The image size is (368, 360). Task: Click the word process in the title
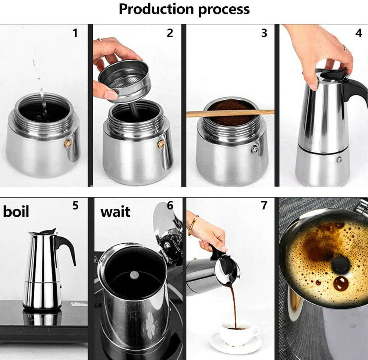pos(224,10)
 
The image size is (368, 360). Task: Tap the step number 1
pos(75,33)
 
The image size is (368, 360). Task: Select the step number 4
pos(358,33)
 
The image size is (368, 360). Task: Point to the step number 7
pos(264,205)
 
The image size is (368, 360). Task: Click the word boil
pos(16,211)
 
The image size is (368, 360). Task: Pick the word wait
pos(115,212)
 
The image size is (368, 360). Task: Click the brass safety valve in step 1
pos(68,144)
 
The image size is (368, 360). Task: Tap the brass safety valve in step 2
pos(161,144)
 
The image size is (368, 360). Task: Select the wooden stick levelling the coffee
pos(230,113)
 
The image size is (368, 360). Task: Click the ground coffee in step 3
pos(231,112)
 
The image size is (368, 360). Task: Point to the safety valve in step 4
pos(339,160)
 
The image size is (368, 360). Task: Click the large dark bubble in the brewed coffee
pos(341,283)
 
